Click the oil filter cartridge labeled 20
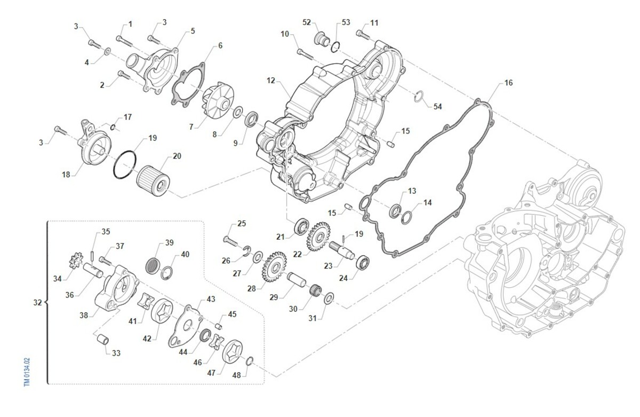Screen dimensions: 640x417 tap(153, 181)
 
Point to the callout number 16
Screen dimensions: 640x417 tap(509, 83)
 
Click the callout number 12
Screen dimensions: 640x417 tap(271, 81)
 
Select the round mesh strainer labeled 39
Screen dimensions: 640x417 tap(151, 265)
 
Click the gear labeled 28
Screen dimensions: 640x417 tap(274, 266)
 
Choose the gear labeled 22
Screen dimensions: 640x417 tap(318, 237)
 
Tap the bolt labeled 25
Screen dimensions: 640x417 tap(230, 241)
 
